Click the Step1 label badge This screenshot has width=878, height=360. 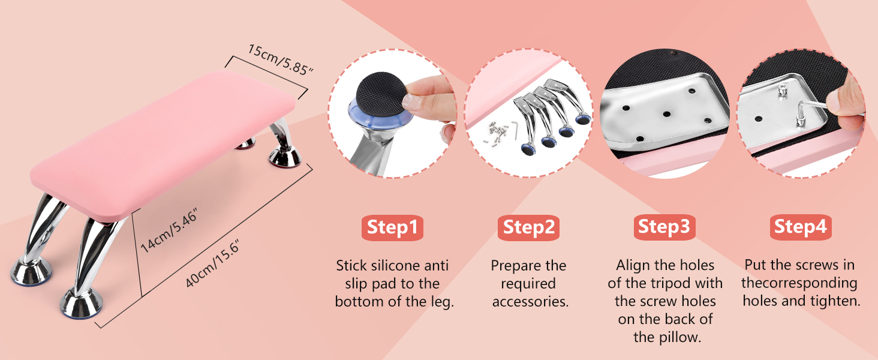coord(392,227)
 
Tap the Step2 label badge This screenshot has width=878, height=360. coord(528,227)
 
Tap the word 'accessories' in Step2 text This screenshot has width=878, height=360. coord(530,301)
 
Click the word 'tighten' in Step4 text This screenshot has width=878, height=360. coord(835,301)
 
